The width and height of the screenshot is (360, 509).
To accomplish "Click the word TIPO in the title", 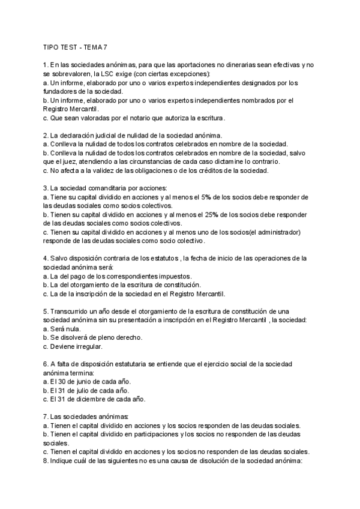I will coord(52,47).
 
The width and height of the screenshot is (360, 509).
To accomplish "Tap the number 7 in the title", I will coord(106,47).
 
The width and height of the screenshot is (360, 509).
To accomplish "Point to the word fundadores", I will coord(62,91).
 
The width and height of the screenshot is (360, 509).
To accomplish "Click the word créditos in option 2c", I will coord(224,171).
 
